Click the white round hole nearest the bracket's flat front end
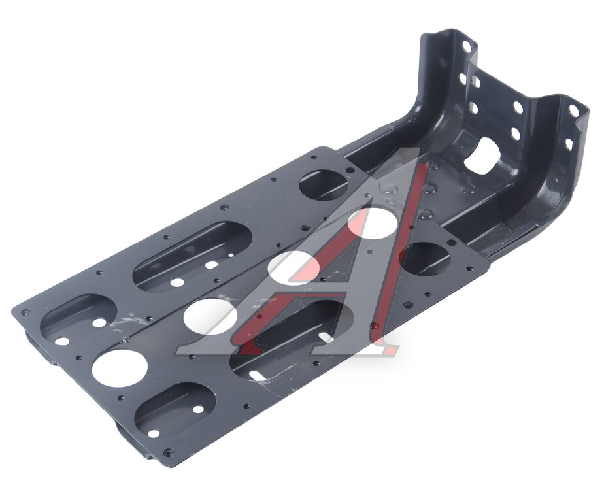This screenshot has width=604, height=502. (120, 368)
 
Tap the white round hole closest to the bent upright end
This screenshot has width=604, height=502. (372, 224)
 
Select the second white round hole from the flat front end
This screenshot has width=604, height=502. (210, 316)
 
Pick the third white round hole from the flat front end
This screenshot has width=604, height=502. (294, 267)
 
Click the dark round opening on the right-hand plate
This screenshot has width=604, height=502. (426, 258)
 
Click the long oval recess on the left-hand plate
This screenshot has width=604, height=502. (192, 256)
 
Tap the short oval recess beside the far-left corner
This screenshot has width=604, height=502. (78, 320)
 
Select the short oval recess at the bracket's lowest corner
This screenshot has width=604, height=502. (175, 410)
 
